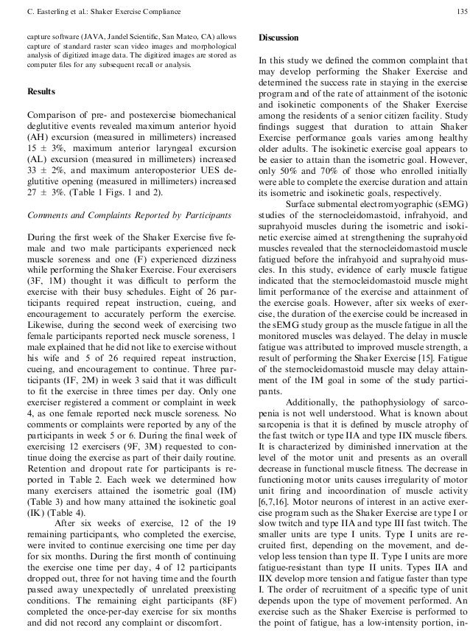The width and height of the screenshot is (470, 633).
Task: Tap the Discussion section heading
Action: click(279, 38)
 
